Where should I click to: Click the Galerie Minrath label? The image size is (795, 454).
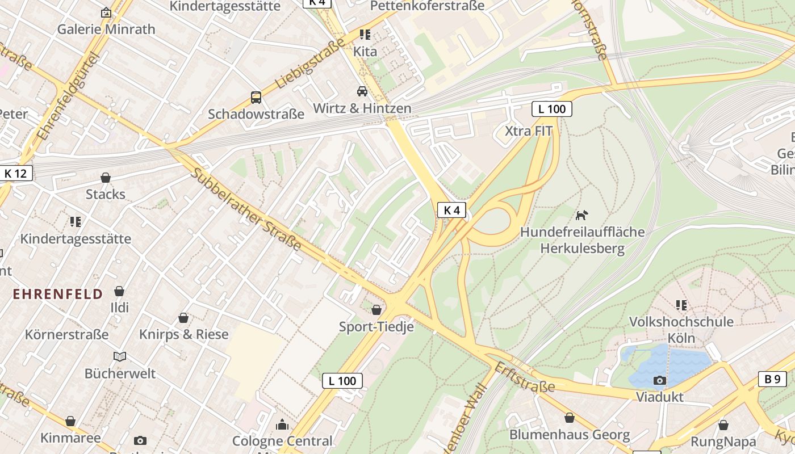(106, 30)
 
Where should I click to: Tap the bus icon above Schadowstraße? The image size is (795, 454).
(256, 98)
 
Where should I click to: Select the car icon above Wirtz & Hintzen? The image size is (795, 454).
(362, 91)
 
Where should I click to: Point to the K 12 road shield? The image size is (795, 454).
(16, 173)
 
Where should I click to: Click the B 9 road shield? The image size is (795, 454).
(772, 379)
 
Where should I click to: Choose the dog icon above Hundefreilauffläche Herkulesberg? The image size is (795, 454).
(582, 215)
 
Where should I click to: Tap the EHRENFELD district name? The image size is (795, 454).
(58, 294)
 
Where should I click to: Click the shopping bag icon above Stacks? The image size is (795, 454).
(106, 178)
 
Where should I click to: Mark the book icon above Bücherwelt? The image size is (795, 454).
(120, 357)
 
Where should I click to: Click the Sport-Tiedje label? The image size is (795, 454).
(376, 327)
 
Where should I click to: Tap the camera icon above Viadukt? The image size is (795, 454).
(659, 380)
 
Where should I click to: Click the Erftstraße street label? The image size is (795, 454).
(524, 377)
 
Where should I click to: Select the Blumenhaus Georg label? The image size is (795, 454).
(569, 435)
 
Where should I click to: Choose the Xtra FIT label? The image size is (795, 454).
(529, 131)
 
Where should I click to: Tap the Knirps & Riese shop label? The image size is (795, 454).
(183, 334)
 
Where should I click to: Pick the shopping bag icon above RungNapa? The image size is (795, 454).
(723, 425)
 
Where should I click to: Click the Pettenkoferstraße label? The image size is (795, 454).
(427, 6)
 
